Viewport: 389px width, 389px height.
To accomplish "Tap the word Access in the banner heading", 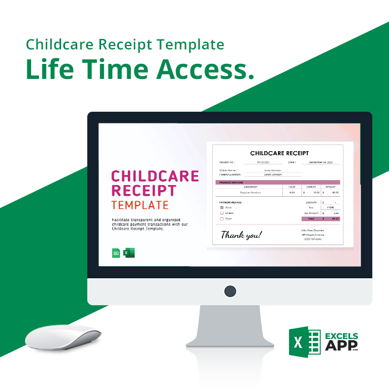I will (205, 69).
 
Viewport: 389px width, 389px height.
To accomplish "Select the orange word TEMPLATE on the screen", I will (139, 205).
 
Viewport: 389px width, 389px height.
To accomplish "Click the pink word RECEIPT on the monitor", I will (144, 191).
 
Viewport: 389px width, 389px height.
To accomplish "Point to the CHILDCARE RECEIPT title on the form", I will (279, 153).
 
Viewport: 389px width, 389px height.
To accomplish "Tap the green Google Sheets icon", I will (116, 253).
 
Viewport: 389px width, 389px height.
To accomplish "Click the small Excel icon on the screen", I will (129, 253).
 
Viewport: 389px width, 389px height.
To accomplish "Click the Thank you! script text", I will (241, 235).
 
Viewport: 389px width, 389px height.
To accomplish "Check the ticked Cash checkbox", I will (222, 207).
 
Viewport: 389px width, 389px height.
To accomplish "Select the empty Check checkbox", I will (222, 213).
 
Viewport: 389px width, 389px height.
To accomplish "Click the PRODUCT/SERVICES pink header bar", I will (277, 182).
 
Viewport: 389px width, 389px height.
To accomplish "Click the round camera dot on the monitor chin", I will (230, 291).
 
